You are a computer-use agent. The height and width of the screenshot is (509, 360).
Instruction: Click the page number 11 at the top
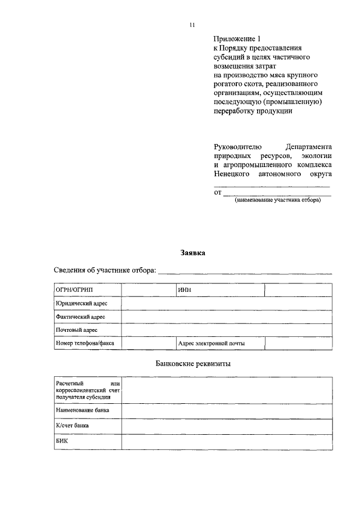[191, 24]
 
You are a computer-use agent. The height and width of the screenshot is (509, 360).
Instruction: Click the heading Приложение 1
[237, 39]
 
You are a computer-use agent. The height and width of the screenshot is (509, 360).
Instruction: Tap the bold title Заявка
[193, 253]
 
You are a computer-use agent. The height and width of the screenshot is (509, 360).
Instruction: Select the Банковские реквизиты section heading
[193, 363]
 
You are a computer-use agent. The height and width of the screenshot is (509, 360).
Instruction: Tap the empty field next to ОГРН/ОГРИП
[148, 290]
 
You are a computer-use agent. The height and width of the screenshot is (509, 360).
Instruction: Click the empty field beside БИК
[227, 442]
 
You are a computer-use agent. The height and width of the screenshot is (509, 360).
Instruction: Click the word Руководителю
[235, 146]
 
